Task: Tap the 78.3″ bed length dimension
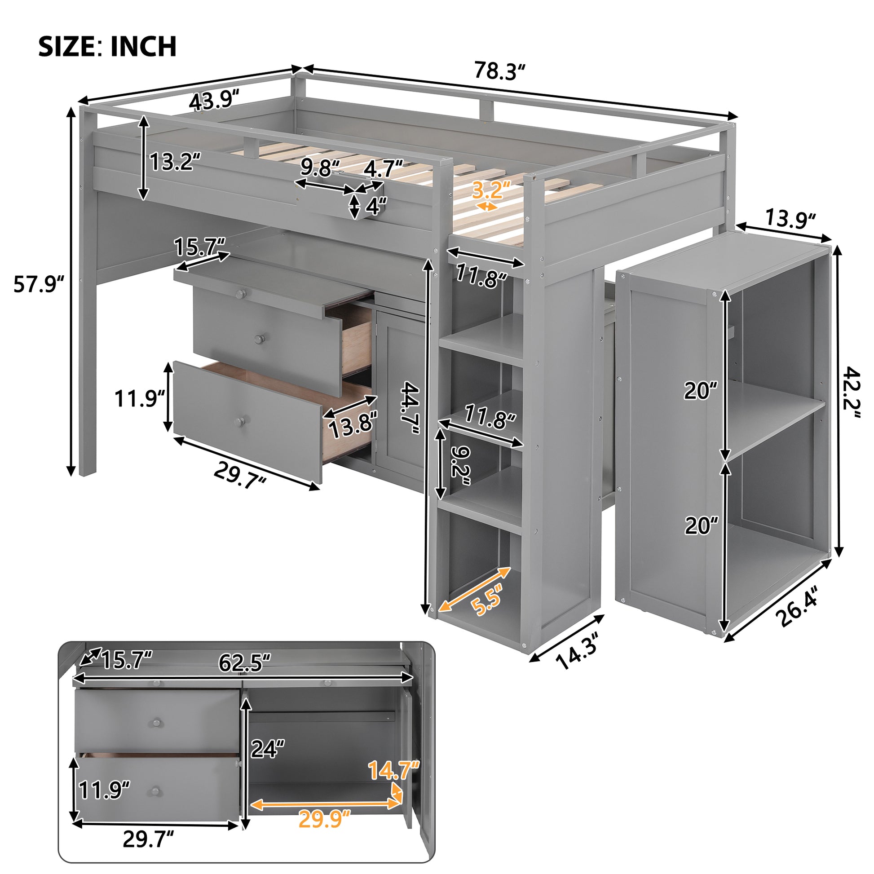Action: click(500, 71)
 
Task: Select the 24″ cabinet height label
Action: click(268, 749)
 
